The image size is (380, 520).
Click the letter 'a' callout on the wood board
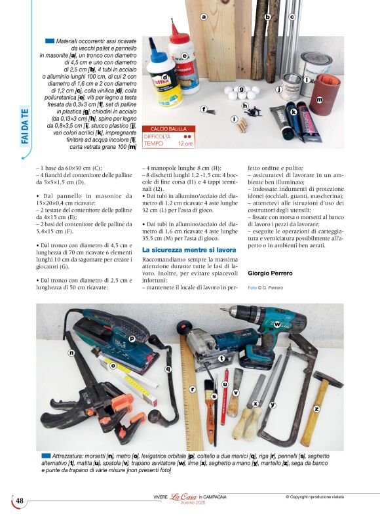(204, 17)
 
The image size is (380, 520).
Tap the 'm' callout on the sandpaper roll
(320, 100)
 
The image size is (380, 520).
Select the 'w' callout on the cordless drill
(277, 325)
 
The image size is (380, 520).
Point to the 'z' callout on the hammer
(316, 408)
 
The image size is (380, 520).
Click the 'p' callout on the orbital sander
(132, 338)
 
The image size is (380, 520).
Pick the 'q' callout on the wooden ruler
(168, 369)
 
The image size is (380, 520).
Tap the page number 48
(20, 502)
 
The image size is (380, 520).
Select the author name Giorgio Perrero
(271, 271)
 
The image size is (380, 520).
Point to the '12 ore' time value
(185, 143)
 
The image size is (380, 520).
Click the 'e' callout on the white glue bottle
(185, 56)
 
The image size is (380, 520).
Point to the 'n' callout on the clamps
(71, 353)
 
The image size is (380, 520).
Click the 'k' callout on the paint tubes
(294, 112)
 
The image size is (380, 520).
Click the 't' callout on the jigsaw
(221, 358)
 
